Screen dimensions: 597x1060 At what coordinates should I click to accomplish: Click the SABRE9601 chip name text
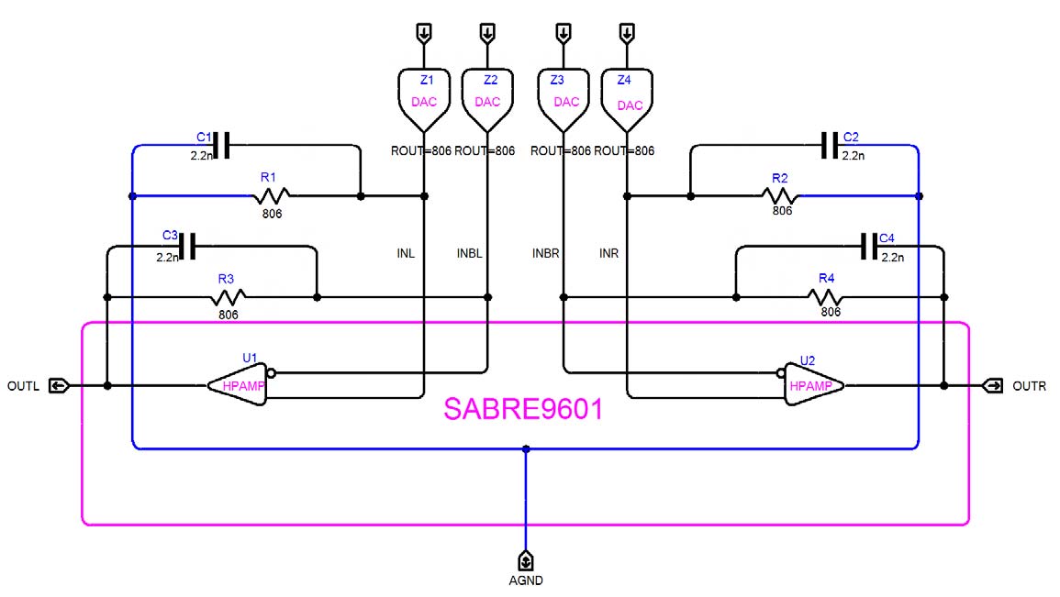[523, 409]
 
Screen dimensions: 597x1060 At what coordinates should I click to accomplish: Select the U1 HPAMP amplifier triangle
[239, 385]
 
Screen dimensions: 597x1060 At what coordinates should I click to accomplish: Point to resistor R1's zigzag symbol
[273, 195]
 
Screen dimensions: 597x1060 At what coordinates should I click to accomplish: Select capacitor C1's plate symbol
[221, 145]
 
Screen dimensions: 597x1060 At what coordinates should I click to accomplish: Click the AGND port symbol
[526, 560]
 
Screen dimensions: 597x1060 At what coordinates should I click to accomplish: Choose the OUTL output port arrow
[58, 386]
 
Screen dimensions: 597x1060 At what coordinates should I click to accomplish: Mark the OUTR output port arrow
[992, 386]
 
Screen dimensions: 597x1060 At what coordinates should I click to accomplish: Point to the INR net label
[609, 253]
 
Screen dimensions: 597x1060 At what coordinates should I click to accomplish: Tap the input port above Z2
[487, 34]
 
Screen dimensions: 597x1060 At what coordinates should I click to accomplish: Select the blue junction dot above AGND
[526, 449]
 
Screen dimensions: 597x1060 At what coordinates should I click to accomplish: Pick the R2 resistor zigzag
[781, 195]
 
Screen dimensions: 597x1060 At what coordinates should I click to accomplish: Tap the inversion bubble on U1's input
[271, 373]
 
